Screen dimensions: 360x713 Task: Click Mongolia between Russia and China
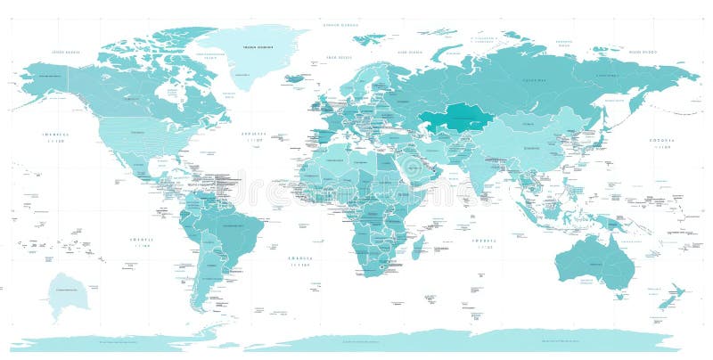click(526, 119)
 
